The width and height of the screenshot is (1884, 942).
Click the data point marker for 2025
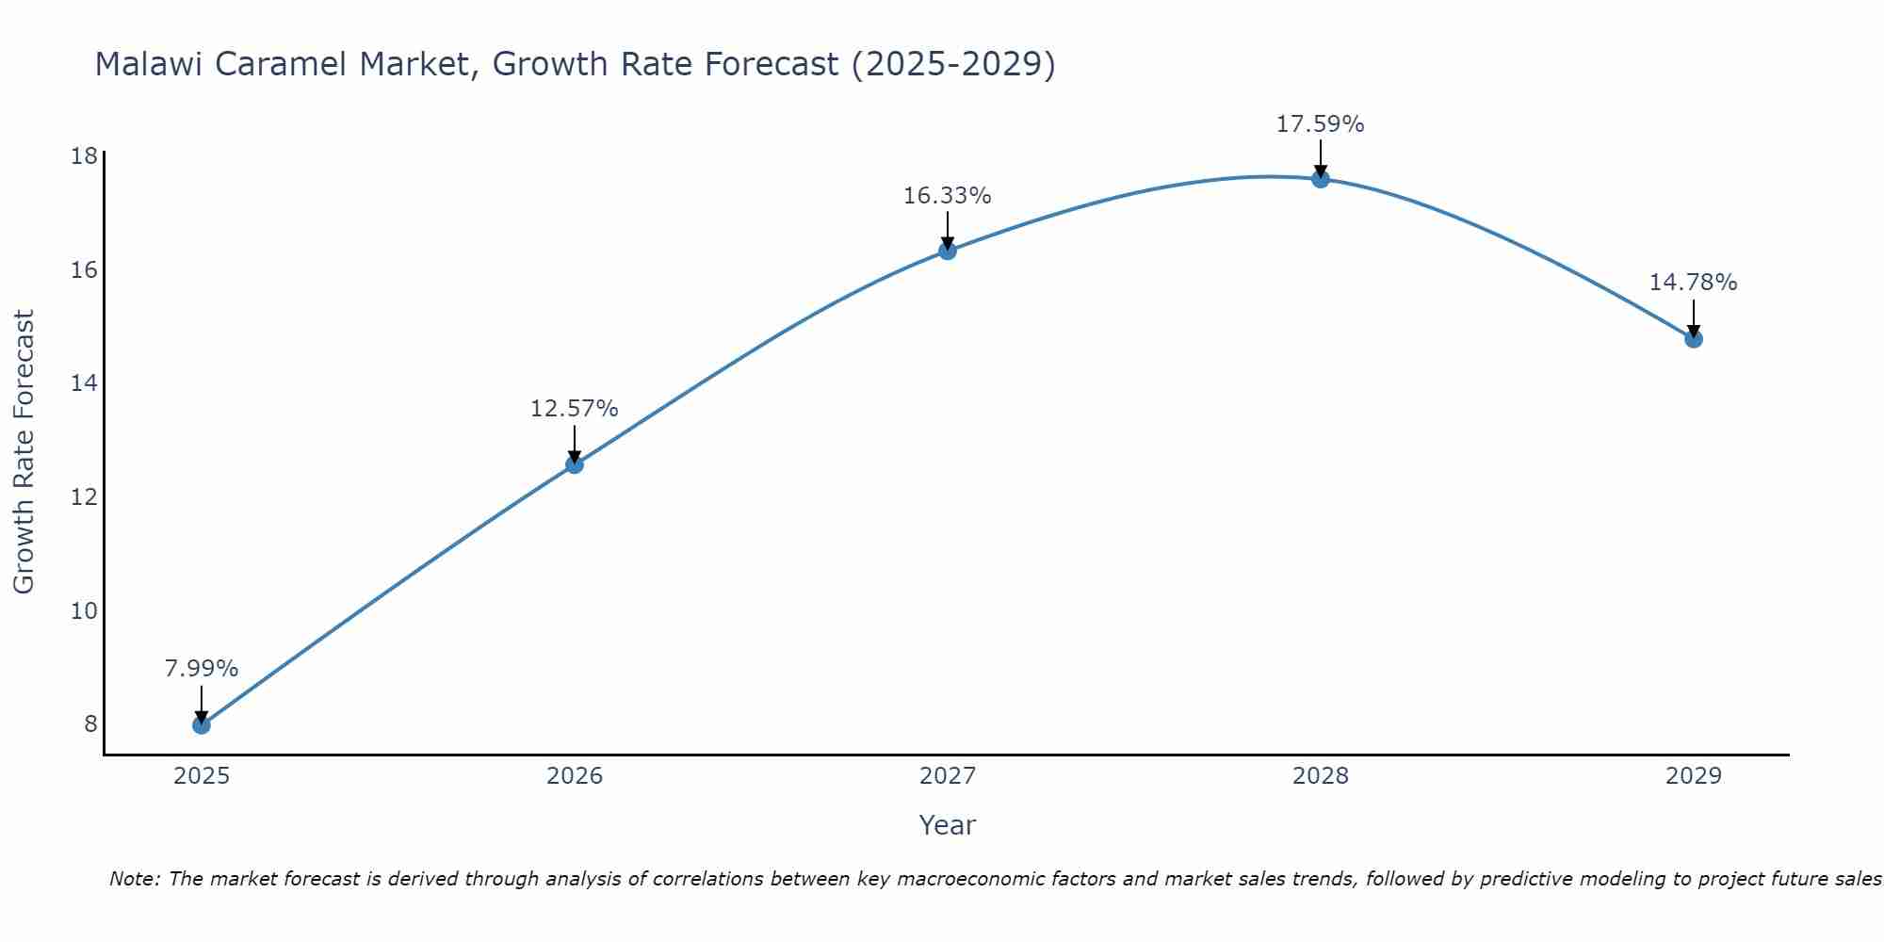coord(201,724)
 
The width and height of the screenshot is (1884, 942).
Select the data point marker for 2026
coord(574,463)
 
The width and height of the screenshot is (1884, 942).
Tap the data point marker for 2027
coord(947,251)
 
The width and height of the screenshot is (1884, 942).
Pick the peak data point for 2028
coord(1320,179)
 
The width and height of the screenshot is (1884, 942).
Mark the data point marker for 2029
coord(1693,338)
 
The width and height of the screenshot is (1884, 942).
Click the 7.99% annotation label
coord(201,669)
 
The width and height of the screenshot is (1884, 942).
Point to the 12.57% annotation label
coord(574,409)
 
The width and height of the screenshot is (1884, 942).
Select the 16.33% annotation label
coord(947,196)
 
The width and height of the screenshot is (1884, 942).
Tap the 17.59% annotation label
coord(1320,124)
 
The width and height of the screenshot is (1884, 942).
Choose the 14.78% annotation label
coord(1693,283)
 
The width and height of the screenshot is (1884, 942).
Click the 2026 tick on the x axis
coord(574,776)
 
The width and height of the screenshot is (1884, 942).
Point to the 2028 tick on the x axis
coord(1320,776)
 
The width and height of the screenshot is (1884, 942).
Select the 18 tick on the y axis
coord(85,155)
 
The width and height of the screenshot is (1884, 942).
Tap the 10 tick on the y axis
coord(85,610)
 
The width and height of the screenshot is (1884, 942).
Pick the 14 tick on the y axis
coord(85,383)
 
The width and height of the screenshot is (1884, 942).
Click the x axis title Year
coord(947,825)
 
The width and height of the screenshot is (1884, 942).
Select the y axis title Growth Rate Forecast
coord(24,452)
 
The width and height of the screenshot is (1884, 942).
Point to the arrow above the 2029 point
coord(1693,318)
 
